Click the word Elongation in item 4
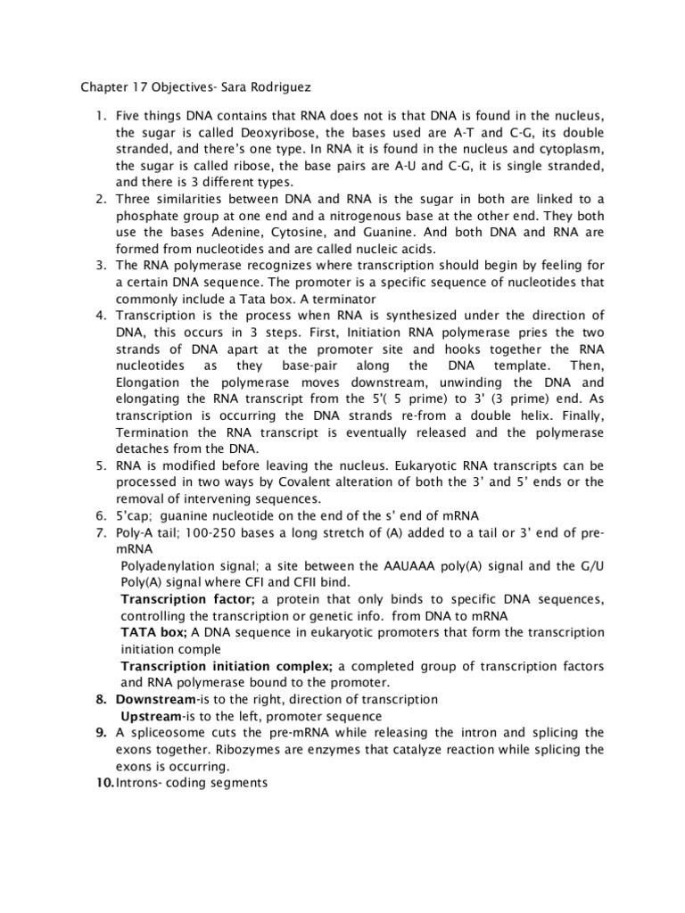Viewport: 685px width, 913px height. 153,382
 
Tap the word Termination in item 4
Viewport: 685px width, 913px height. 156,432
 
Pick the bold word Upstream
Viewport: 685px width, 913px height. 150,716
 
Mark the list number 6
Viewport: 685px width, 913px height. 100,516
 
